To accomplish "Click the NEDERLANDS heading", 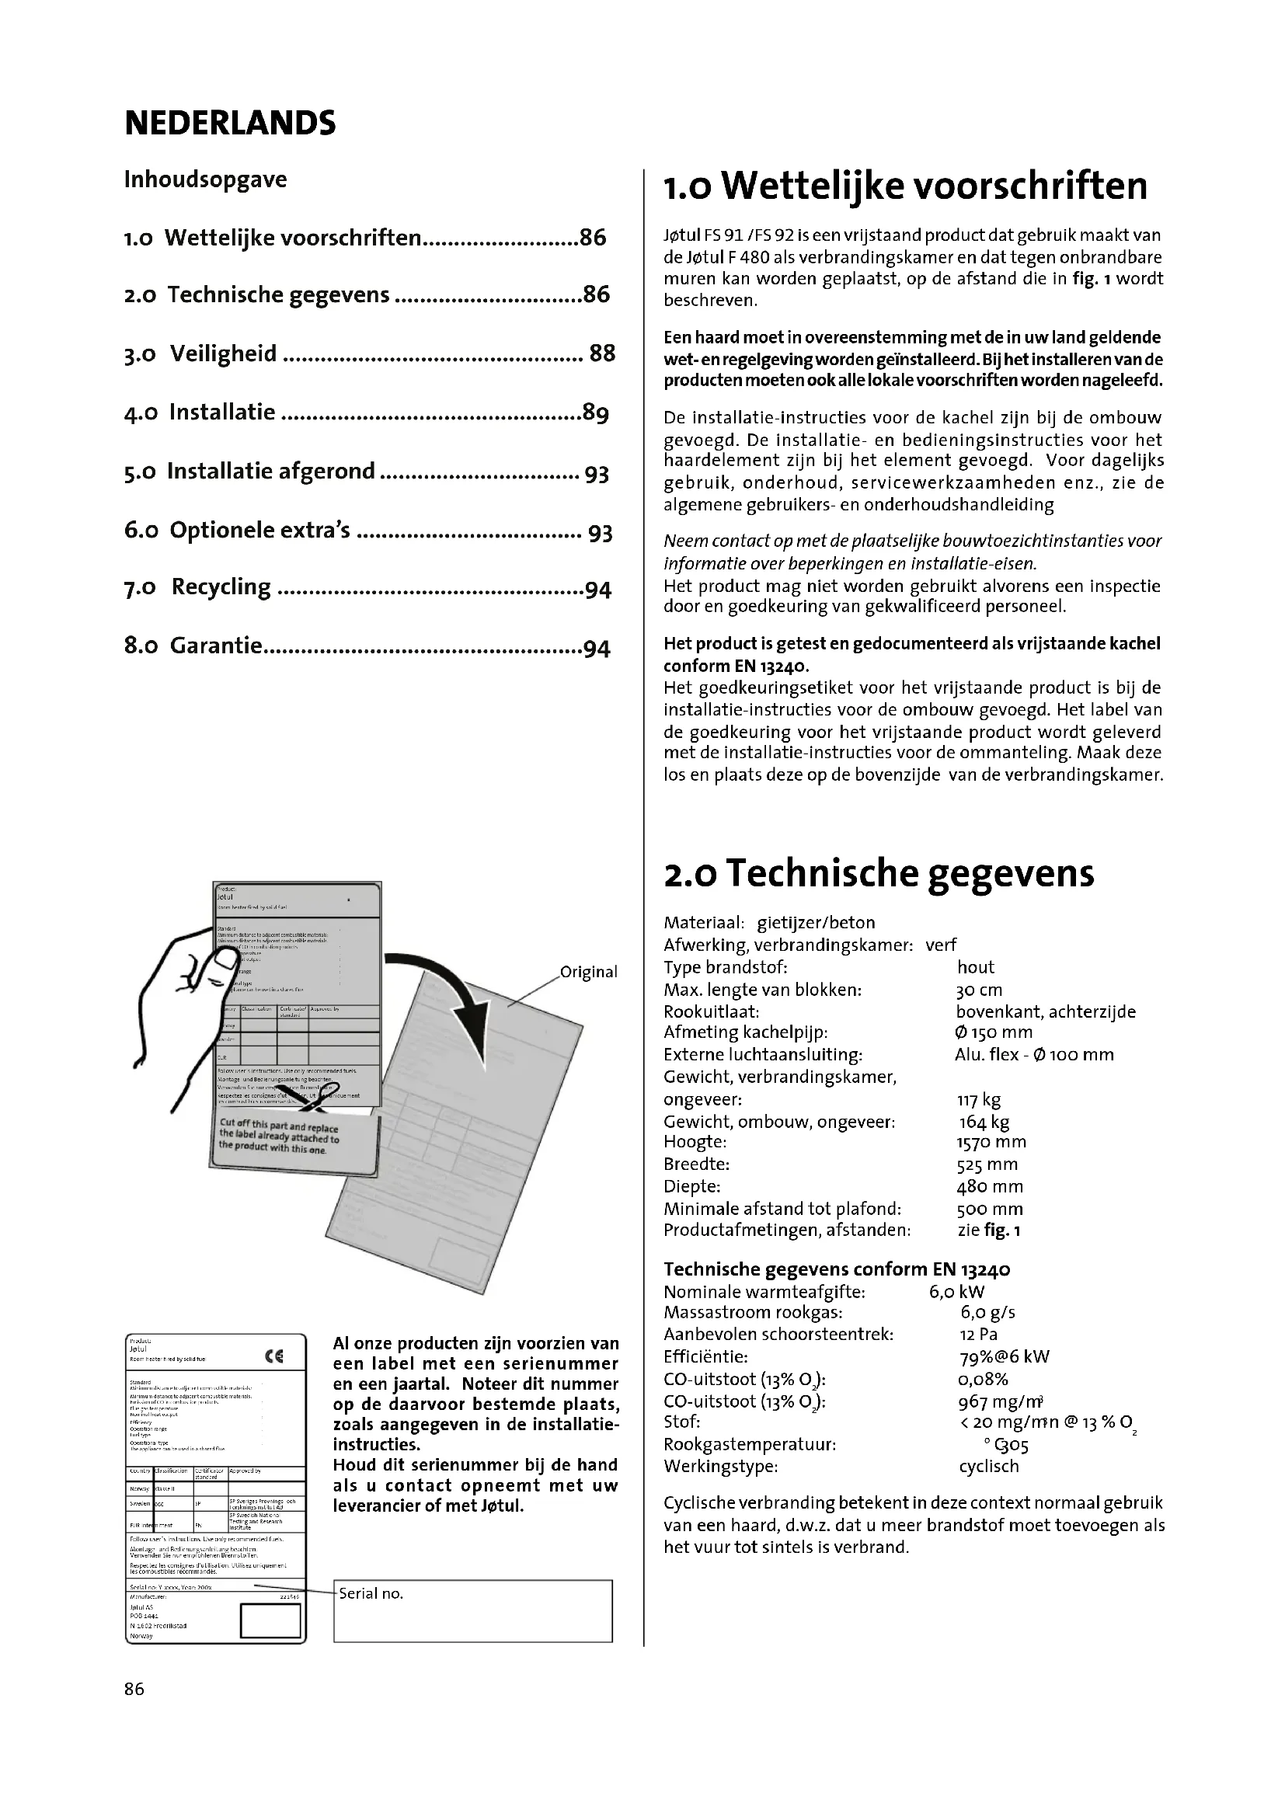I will click(x=229, y=124).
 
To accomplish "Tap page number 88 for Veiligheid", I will click(x=602, y=353).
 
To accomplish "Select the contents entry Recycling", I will click(x=221, y=587).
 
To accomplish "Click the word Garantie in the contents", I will click(x=215, y=646).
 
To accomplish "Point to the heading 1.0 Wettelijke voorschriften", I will click(x=905, y=186).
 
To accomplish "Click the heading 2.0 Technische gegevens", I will click(x=879, y=873).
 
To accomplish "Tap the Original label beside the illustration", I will click(x=588, y=972).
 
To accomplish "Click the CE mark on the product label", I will click(x=274, y=1356).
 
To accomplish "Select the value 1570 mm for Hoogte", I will click(x=991, y=1142).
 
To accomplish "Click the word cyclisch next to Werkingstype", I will click(x=988, y=1467).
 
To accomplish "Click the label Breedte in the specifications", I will click(x=696, y=1164).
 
